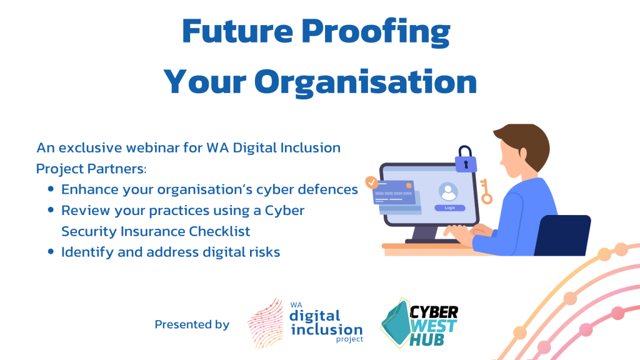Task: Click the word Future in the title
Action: pos(237,31)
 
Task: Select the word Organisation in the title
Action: pos(366,83)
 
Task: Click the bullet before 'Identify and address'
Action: pos(51,251)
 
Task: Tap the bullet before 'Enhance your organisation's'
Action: pos(51,189)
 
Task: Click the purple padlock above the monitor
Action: pos(466,159)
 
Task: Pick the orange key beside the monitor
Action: pos(485,191)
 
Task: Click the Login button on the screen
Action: pos(450,208)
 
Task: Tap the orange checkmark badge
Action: pos(371,182)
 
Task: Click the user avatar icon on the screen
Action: pos(448,192)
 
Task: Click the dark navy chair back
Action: pos(562,236)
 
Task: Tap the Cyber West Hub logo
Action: pos(419,323)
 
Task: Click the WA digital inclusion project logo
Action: pos(305,323)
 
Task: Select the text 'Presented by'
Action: pos(192,324)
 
